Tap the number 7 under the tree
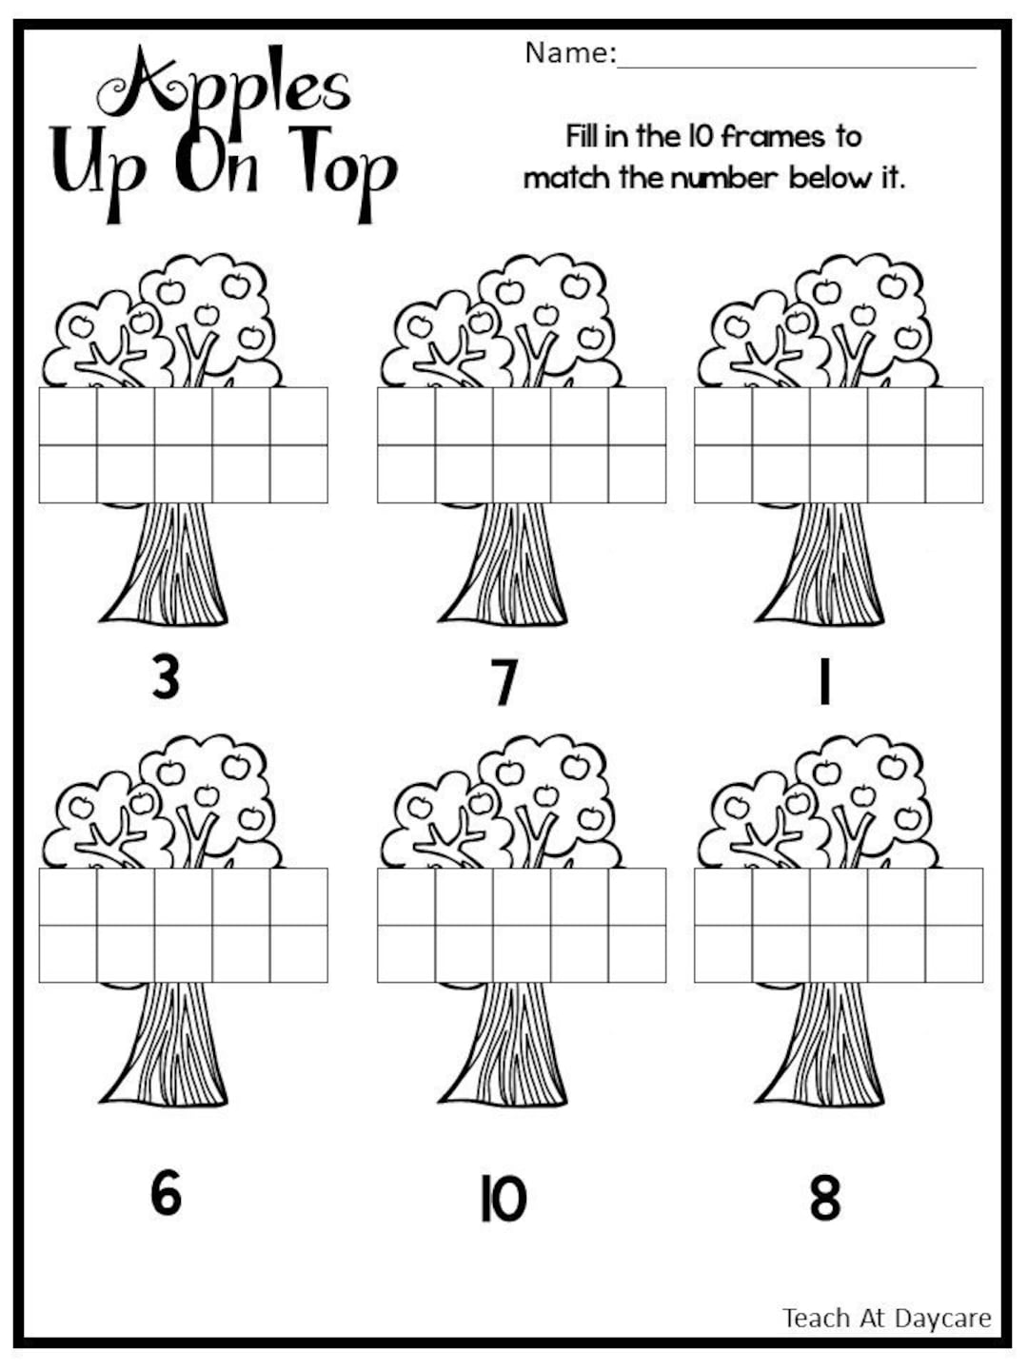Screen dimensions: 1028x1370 (504, 683)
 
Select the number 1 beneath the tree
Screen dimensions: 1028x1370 (824, 683)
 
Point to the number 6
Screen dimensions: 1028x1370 (166, 1193)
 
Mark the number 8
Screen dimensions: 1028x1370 (825, 1198)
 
